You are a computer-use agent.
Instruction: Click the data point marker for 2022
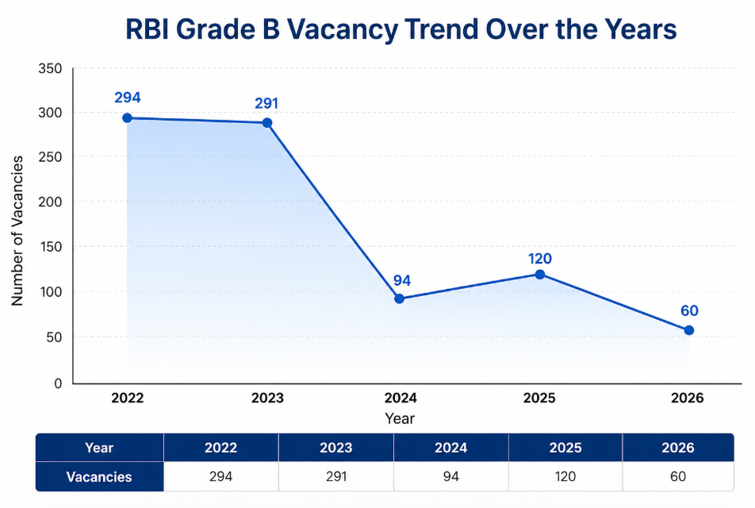(127, 118)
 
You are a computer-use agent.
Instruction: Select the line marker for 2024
(399, 298)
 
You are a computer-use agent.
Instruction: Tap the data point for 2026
(688, 330)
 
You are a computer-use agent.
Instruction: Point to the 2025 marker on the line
(540, 275)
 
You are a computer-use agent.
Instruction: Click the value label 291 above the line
(266, 103)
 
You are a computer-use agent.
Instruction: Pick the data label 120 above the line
(540, 259)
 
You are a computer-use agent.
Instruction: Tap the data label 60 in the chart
(689, 311)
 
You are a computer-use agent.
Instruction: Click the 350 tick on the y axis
(50, 69)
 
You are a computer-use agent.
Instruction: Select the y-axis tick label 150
(50, 248)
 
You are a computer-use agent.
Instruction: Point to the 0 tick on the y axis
(57, 384)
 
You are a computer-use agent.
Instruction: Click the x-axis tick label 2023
(267, 398)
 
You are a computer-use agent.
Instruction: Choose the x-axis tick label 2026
(687, 398)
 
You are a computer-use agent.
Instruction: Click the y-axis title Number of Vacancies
(17, 231)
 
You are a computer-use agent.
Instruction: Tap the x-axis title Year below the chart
(400, 418)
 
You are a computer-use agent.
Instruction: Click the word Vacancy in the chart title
(342, 29)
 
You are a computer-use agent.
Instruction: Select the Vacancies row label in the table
(99, 477)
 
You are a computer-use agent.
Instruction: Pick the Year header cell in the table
(99, 448)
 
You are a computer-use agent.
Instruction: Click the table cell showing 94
(450, 477)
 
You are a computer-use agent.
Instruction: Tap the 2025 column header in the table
(565, 448)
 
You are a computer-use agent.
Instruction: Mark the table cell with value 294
(220, 477)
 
